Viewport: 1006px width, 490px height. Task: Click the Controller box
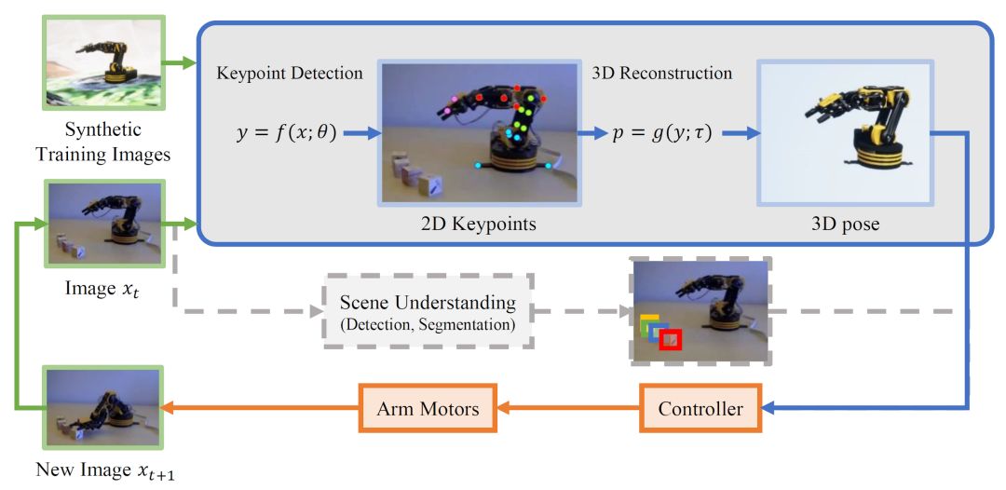700,408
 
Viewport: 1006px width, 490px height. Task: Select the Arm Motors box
428,408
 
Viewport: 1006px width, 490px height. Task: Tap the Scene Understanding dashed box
428,311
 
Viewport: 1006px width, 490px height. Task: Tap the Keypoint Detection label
289,74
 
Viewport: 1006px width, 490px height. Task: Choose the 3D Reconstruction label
661,74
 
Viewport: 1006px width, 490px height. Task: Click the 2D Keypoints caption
480,225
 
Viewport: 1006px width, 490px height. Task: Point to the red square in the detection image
669,341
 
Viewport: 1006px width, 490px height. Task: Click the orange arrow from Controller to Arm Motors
569,408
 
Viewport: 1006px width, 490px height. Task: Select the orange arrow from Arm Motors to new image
262,408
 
